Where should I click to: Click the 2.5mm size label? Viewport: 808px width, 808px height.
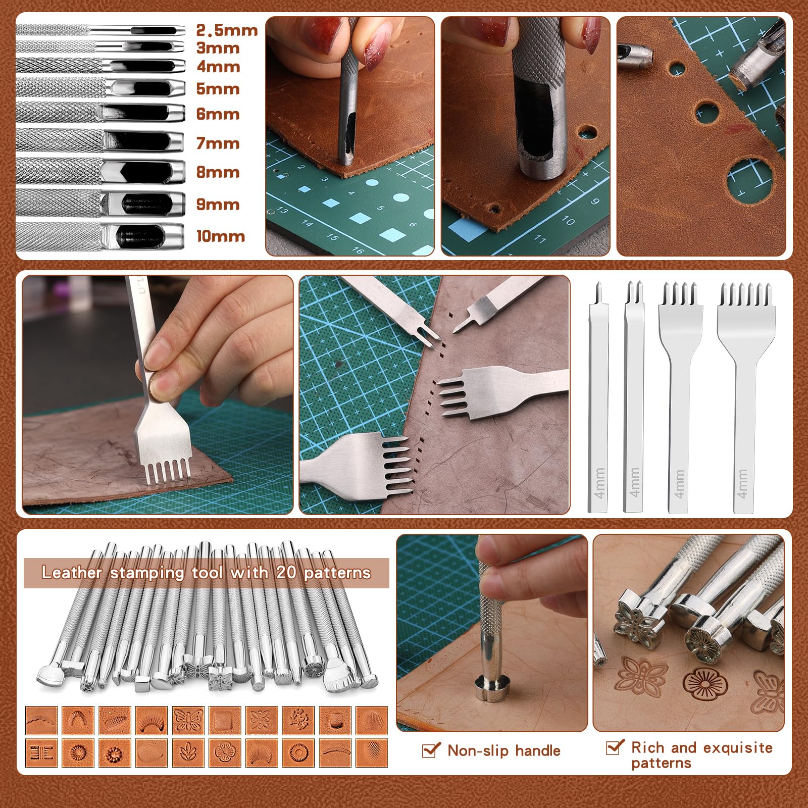point(227,30)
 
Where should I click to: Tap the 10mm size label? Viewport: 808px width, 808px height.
point(220,236)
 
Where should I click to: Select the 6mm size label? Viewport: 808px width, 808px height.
point(218,114)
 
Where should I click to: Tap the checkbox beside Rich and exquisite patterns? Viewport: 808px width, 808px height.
point(615,747)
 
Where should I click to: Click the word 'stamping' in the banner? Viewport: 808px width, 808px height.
point(147,573)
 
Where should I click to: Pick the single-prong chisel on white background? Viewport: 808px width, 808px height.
point(599,399)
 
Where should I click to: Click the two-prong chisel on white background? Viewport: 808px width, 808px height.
point(634,399)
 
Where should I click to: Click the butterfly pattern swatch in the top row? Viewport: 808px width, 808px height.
point(188,720)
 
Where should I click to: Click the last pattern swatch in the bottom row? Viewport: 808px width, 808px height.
point(372,753)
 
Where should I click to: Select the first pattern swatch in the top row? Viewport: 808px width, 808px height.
point(41,720)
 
